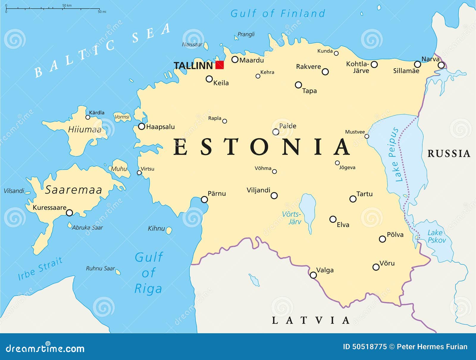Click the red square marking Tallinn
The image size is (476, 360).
pos(220,65)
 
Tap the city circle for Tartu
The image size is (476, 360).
pos(353,199)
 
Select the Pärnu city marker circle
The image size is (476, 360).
pos(204,199)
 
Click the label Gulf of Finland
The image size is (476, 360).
pos(278,13)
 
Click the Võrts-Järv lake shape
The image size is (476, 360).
pos(308,210)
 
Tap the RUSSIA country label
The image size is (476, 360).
pos(449,154)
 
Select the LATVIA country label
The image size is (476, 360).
pos(311,320)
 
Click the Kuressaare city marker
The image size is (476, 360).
pos(69,213)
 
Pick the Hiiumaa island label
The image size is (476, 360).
pos(85,129)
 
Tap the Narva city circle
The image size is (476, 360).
pos(441,65)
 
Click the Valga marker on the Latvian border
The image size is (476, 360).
pos(313,275)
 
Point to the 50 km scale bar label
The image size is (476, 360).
pos(67,5)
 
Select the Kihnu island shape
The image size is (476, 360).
pos(169,230)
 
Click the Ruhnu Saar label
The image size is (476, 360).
pos(100,268)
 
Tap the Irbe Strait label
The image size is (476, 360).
pos(40,268)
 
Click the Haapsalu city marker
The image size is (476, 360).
pos(142,126)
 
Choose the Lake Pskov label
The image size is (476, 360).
pos(436,236)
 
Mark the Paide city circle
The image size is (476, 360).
pos(276,132)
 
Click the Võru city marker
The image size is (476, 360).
pos(376,267)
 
